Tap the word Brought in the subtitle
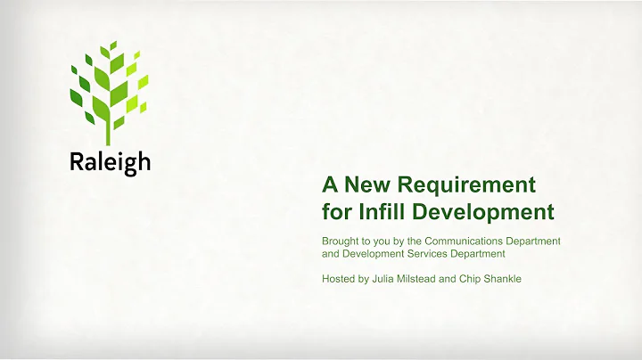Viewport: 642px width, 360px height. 342,241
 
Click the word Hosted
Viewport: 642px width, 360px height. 341,279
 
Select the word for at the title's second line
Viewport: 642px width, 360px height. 335,212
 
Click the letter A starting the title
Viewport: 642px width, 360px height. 330,184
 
